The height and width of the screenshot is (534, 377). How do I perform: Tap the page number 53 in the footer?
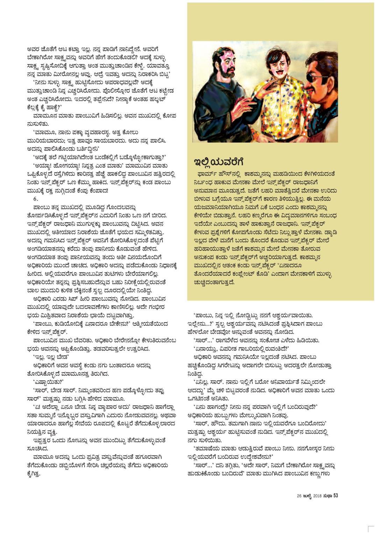(335, 495)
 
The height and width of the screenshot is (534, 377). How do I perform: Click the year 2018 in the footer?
(317, 495)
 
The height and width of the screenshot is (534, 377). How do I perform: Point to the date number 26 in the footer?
(299, 495)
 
